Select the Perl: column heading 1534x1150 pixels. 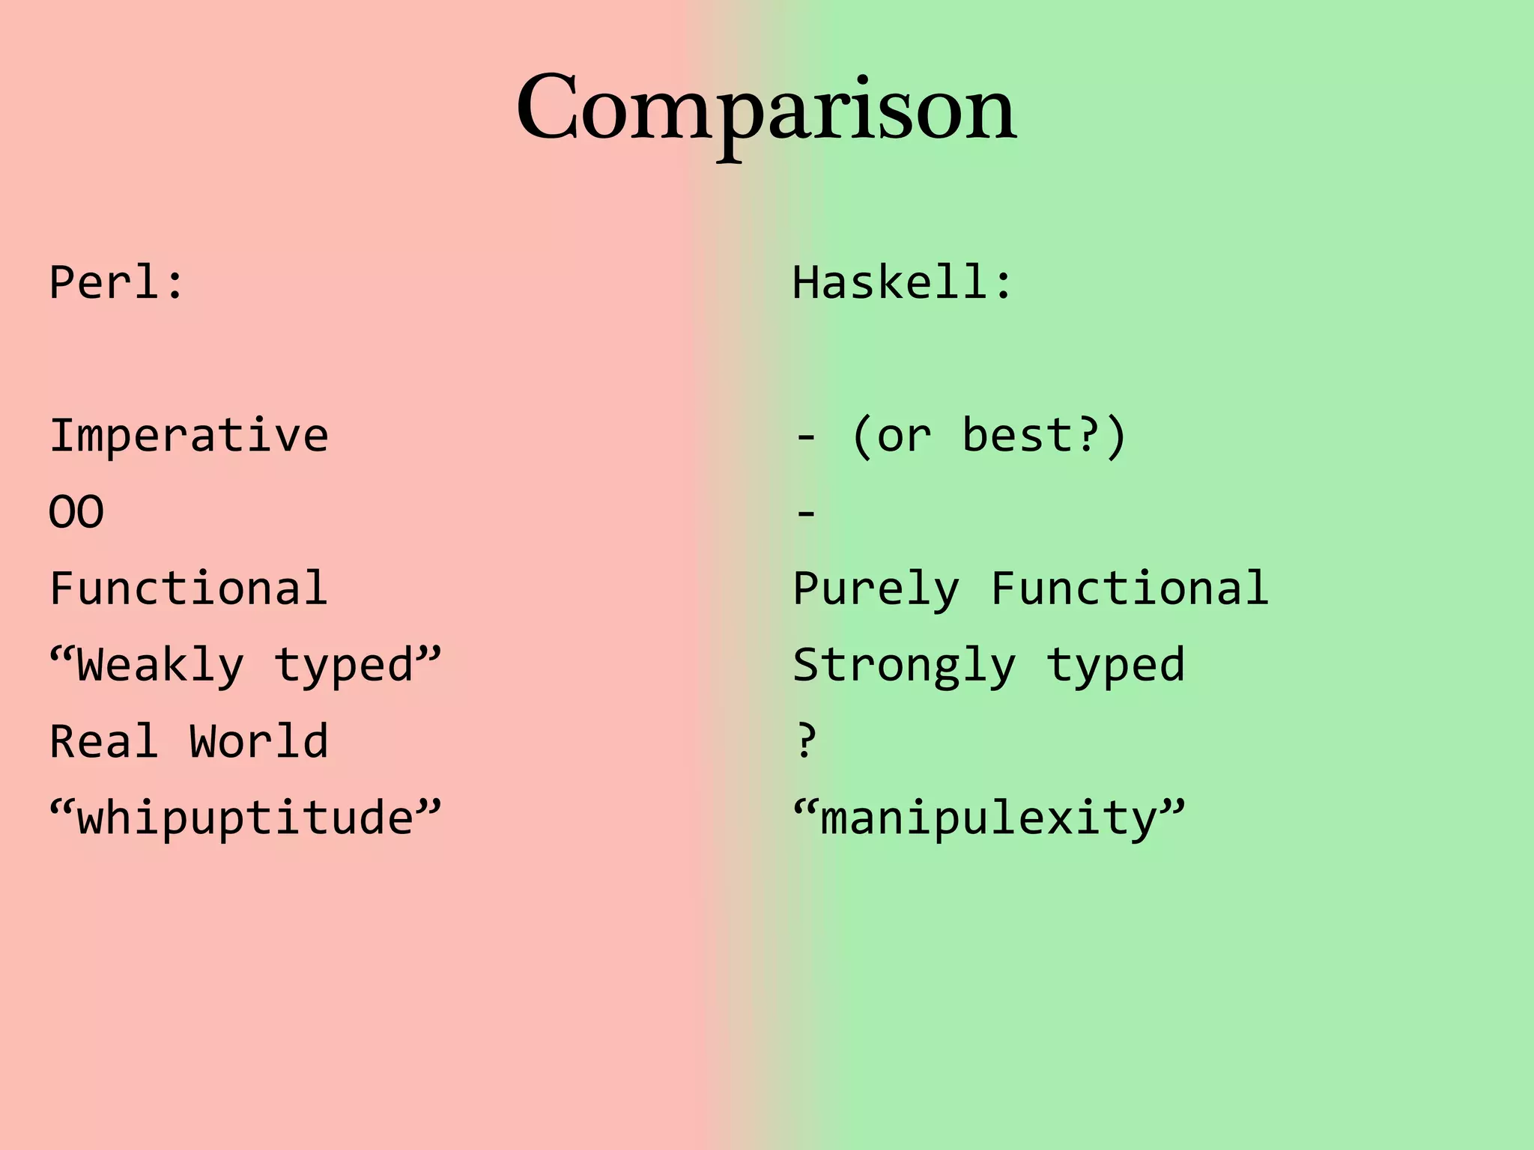click(117, 283)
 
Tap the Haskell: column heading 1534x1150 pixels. click(903, 283)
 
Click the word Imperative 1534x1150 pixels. click(189, 436)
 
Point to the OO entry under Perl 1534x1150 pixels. click(76, 513)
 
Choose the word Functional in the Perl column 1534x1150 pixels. click(189, 588)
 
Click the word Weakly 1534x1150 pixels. click(160, 666)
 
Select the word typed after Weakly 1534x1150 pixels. click(345, 666)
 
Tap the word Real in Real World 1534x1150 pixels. click(104, 741)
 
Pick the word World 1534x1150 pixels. click(258, 741)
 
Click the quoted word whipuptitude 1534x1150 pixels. click(245, 818)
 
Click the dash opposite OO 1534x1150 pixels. click(806, 514)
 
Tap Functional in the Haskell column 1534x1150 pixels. click(1130, 588)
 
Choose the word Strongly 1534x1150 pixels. click(904, 666)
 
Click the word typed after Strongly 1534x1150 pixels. click(1116, 666)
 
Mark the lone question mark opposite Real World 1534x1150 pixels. click(806, 741)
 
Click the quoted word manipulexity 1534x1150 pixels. click(989, 818)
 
